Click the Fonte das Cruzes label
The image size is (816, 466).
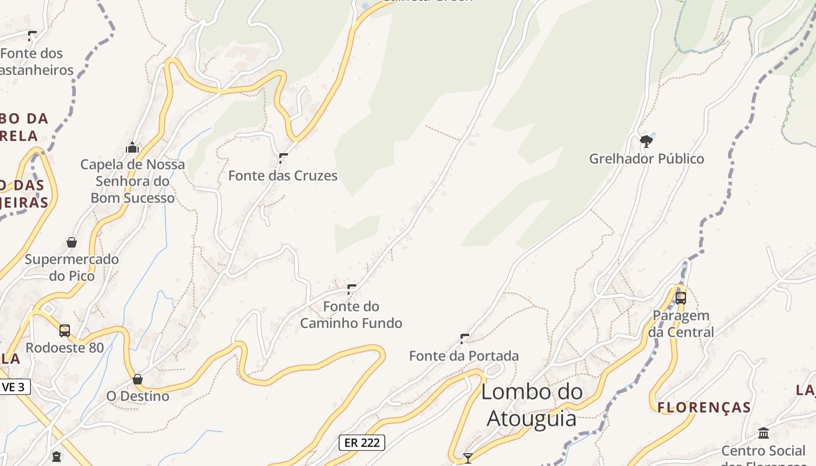[x=283, y=175]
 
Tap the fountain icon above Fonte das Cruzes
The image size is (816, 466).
[x=283, y=157]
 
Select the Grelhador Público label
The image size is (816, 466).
[x=646, y=158]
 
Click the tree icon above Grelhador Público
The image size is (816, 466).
[x=646, y=140]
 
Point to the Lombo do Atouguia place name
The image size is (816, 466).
[x=532, y=405]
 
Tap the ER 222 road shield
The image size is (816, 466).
[x=362, y=442]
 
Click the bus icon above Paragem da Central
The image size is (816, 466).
[x=680, y=298]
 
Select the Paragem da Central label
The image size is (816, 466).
[x=681, y=324]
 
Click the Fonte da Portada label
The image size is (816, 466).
[x=464, y=355]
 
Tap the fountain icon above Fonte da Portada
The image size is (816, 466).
[x=465, y=338]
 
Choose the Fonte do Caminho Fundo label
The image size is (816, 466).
[x=351, y=315]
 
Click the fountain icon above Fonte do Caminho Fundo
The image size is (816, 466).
[x=351, y=288]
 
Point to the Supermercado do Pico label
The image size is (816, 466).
[x=72, y=267]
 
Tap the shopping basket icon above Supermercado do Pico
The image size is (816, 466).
[x=72, y=242]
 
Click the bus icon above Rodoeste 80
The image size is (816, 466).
[x=65, y=330]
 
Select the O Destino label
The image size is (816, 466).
[x=138, y=396]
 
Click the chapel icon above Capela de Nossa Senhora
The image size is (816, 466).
[x=132, y=147]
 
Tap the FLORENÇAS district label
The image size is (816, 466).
[x=704, y=407]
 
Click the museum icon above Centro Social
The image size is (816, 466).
[x=764, y=433]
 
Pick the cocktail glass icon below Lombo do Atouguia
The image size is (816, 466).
[x=467, y=458]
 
